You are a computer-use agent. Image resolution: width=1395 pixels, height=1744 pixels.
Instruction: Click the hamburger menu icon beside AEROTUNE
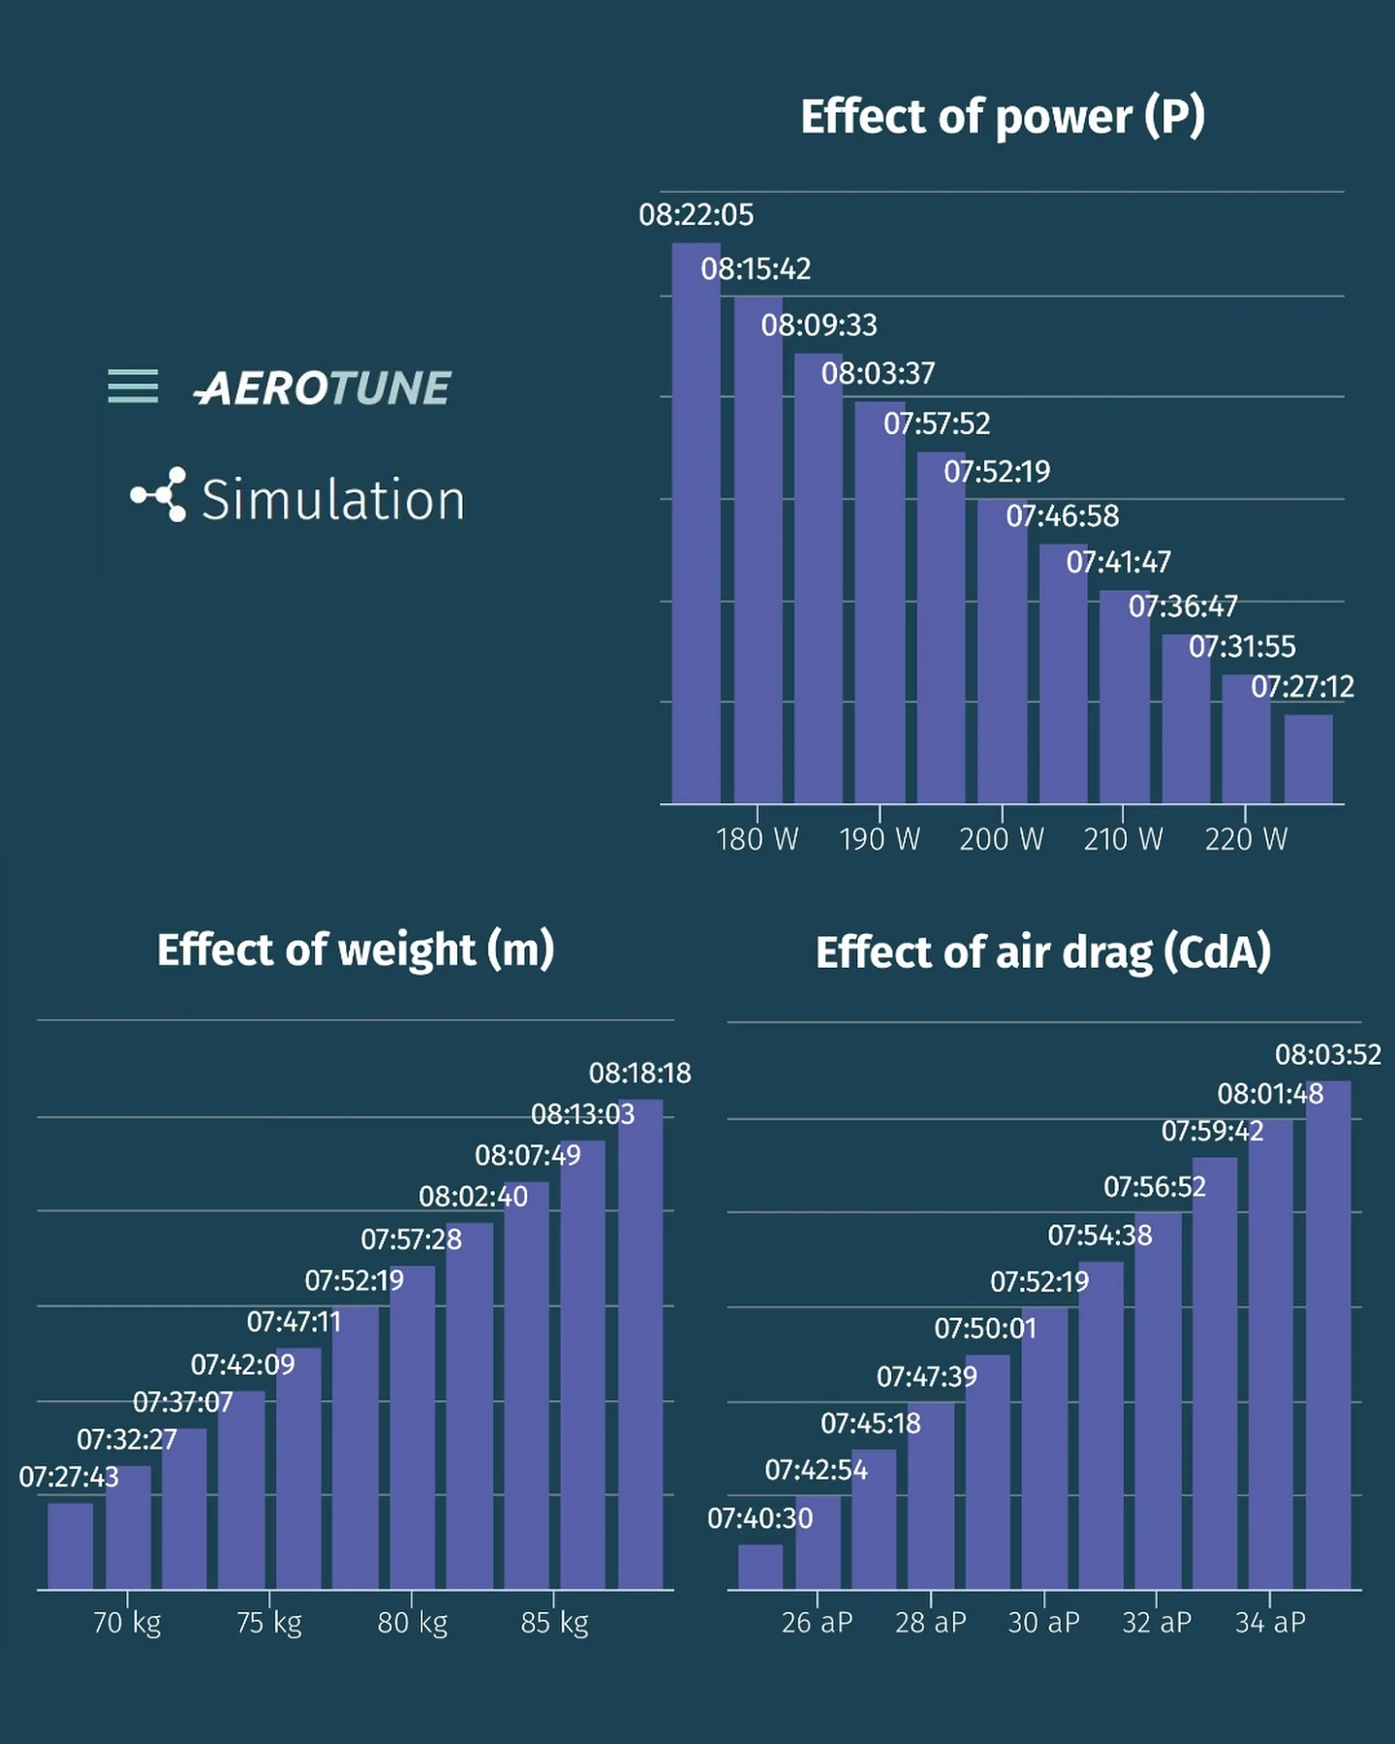(x=133, y=386)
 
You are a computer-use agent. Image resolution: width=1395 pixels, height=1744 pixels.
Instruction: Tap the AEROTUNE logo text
(x=324, y=388)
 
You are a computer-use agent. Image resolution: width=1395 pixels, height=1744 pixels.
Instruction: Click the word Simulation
(x=332, y=500)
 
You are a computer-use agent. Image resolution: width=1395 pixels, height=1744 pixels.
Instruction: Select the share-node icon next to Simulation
(x=160, y=495)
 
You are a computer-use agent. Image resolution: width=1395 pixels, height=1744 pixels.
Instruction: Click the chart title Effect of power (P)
(x=1002, y=116)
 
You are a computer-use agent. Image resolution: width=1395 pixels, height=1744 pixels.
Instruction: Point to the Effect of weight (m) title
(x=356, y=950)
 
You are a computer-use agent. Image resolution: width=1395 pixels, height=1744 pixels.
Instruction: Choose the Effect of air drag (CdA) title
(x=1042, y=952)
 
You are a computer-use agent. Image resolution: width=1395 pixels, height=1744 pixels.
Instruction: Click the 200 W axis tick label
(x=1001, y=839)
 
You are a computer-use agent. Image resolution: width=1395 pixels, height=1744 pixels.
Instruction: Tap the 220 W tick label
(x=1246, y=839)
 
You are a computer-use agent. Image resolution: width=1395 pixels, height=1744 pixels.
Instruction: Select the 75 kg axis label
(x=269, y=1622)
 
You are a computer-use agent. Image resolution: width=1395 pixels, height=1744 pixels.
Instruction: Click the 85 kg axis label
(x=554, y=1622)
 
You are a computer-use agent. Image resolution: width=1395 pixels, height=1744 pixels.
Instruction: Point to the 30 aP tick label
(x=1043, y=1622)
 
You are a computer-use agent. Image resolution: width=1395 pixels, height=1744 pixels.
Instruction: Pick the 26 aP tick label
(x=817, y=1622)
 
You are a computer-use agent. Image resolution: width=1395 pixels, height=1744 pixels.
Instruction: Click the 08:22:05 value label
(x=696, y=214)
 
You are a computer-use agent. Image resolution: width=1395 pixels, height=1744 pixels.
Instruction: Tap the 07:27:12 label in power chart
(x=1302, y=687)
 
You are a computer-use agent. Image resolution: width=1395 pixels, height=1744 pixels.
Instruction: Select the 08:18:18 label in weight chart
(x=639, y=1074)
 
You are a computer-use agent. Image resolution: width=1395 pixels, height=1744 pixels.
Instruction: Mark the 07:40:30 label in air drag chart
(x=759, y=1518)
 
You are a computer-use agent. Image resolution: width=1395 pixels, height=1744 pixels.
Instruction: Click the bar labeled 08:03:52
(x=1328, y=1337)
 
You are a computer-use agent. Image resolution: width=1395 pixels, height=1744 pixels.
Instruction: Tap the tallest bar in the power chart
(x=697, y=523)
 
